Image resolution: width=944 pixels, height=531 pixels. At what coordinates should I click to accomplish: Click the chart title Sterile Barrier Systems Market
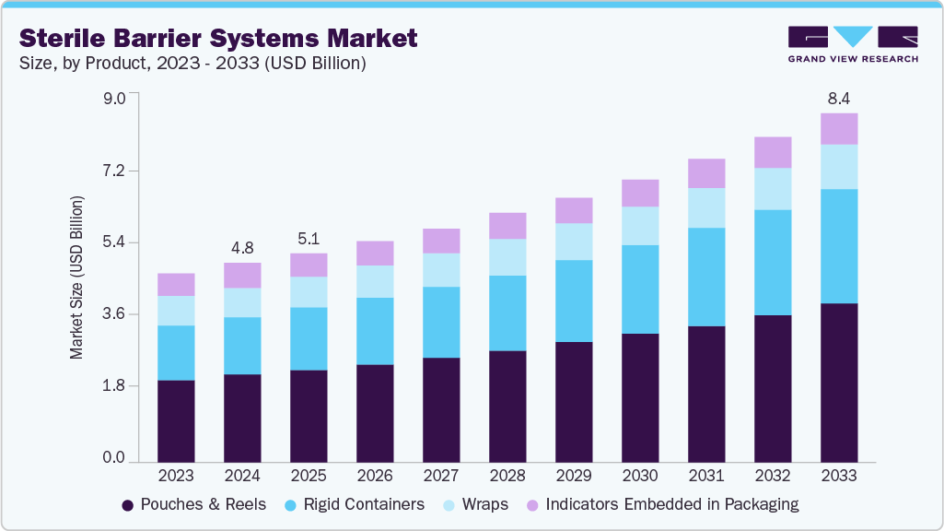point(218,38)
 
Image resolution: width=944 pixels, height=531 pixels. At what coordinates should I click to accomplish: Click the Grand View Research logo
point(852,44)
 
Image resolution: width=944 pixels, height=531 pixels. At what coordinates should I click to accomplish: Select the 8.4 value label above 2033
point(839,98)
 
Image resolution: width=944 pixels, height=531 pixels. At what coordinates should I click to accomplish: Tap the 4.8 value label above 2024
point(242,247)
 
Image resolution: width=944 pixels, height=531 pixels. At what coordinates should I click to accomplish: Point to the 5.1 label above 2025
point(309,238)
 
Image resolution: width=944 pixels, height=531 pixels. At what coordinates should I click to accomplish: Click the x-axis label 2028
point(507,477)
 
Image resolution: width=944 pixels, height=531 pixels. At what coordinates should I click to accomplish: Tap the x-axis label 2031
point(706,477)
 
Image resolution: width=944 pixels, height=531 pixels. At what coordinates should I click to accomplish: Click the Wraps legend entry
point(477,504)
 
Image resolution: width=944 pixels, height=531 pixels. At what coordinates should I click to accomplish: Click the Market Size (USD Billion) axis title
point(77,277)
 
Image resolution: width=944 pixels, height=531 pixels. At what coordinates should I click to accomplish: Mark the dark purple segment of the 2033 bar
point(839,383)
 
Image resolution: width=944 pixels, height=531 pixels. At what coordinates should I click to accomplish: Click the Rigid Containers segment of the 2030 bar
point(640,289)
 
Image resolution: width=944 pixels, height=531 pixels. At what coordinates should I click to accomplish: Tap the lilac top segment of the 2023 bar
point(176,284)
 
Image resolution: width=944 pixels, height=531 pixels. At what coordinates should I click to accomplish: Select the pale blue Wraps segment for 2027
point(441,270)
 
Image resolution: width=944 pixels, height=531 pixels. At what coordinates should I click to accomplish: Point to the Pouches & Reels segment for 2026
point(375,413)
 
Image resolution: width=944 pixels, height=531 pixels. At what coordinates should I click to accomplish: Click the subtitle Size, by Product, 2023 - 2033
point(192,64)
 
